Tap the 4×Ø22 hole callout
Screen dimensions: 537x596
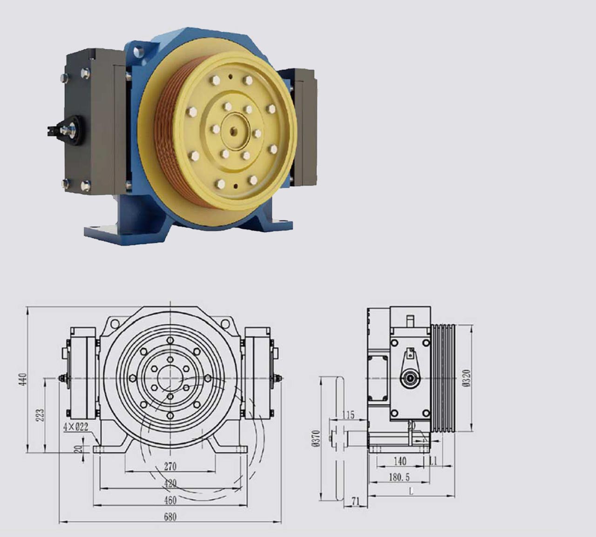[x=76, y=427]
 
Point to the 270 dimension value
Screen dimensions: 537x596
[x=170, y=466]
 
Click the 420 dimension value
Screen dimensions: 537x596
[x=170, y=483]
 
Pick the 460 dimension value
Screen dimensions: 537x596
[x=170, y=501]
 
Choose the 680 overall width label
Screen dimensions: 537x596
[x=170, y=517]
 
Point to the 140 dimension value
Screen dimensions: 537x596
[x=400, y=462]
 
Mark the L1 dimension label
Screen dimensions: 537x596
[x=433, y=462]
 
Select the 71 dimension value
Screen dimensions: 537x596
[x=355, y=501]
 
